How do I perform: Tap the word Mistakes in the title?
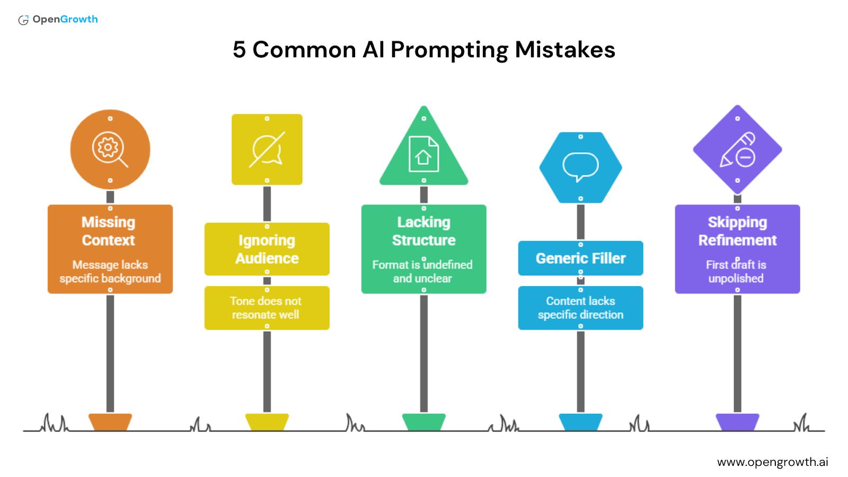click(564, 50)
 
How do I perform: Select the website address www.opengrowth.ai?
click(772, 462)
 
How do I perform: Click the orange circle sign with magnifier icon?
click(110, 149)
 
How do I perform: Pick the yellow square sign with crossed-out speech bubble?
click(267, 149)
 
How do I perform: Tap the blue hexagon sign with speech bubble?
click(580, 167)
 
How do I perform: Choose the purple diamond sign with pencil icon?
click(737, 149)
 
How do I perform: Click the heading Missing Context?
click(109, 231)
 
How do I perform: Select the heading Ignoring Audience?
click(267, 249)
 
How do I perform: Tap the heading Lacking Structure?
click(423, 231)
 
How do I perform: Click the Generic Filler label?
click(580, 258)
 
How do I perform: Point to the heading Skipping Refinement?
click(737, 231)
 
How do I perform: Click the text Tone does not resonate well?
click(266, 308)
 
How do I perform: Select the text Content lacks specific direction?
click(580, 308)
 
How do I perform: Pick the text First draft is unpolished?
click(736, 271)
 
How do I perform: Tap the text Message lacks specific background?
click(110, 271)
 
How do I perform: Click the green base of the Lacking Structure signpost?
click(423, 422)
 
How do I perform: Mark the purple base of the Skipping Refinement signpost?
click(737, 422)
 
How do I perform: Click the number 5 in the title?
click(239, 50)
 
